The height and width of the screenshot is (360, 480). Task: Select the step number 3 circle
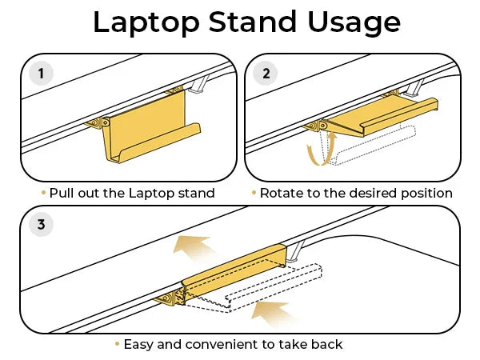[41, 225]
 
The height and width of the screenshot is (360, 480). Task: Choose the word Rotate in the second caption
[282, 193]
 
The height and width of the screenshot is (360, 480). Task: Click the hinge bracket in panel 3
[170, 297]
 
